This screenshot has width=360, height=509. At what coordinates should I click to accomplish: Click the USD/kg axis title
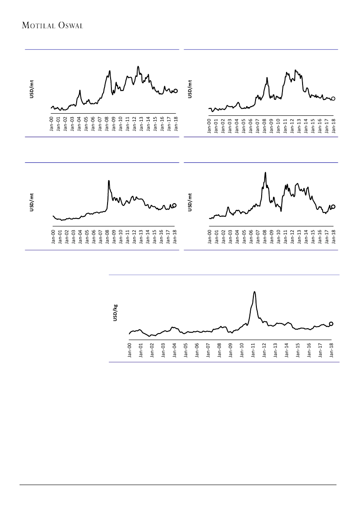point(115,313)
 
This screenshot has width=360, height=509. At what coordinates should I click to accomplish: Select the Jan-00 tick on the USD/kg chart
point(130,350)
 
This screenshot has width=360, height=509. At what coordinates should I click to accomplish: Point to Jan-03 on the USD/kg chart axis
point(163,350)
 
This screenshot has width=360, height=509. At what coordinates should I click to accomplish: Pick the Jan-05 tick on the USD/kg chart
point(186,350)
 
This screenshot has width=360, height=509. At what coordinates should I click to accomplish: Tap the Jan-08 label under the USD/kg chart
point(219,350)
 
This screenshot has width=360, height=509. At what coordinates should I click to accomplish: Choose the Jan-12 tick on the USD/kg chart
point(264,350)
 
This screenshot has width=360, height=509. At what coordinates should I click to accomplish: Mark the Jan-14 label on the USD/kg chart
point(287,350)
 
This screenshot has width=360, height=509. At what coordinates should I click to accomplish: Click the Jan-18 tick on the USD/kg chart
point(332,350)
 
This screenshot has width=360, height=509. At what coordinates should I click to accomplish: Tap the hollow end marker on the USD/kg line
point(331,324)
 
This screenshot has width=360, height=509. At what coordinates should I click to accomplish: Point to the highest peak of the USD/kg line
point(254,292)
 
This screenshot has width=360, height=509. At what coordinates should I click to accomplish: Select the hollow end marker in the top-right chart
point(333,99)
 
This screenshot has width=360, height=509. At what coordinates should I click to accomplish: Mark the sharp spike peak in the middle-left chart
point(108,181)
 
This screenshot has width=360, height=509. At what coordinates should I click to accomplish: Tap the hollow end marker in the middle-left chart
point(175,205)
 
